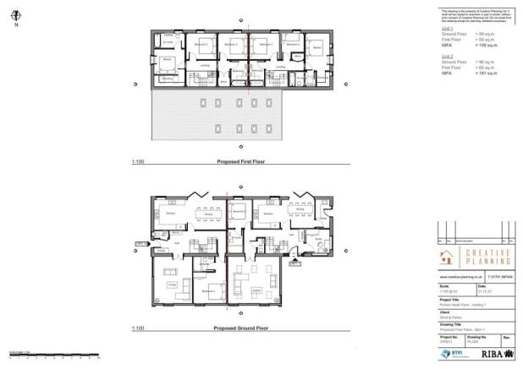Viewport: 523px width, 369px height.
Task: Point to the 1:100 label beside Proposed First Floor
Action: (137, 159)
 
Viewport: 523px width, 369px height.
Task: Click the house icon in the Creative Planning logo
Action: (448, 258)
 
